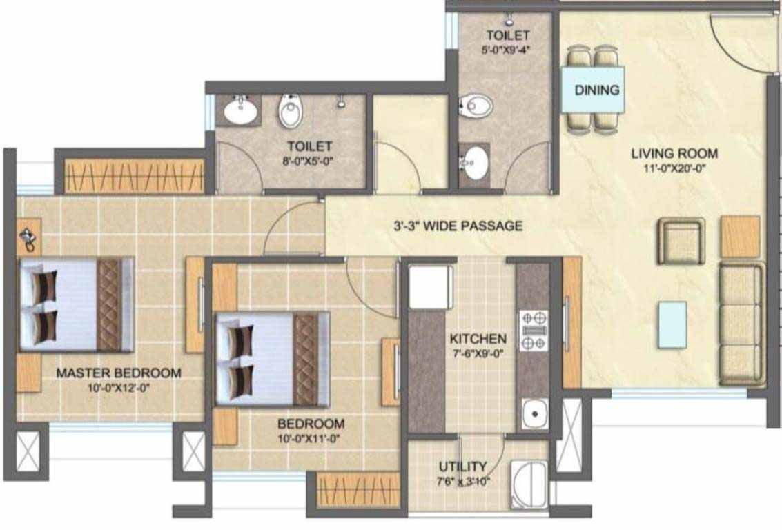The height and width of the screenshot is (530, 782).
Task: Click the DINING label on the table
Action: click(596, 90)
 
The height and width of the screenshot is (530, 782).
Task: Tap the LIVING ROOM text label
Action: click(674, 153)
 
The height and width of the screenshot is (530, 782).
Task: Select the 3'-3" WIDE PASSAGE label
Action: click(458, 226)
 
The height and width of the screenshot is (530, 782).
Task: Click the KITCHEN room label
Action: click(478, 339)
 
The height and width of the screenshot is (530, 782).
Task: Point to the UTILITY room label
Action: click(463, 467)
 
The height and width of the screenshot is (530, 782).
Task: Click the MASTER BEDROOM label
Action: click(119, 373)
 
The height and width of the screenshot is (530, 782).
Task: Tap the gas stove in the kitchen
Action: click(534, 331)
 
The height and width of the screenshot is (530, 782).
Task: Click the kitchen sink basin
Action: click(535, 413)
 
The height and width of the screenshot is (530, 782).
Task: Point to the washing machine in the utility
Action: click(529, 484)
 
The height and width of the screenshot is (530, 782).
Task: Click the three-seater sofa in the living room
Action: click(741, 324)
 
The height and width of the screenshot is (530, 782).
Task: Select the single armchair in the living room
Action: click(681, 241)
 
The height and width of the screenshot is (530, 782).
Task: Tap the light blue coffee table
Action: click(672, 324)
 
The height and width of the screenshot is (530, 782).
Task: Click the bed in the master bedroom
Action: click(77, 304)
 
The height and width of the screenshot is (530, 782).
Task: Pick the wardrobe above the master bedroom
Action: click(134, 176)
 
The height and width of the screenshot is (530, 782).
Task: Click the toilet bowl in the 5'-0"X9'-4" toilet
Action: click(476, 106)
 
